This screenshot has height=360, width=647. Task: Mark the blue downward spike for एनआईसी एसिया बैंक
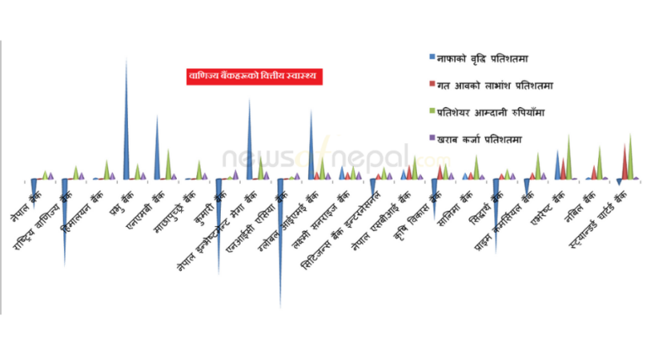click(281, 244)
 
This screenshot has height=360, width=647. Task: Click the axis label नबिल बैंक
click(584, 209)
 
